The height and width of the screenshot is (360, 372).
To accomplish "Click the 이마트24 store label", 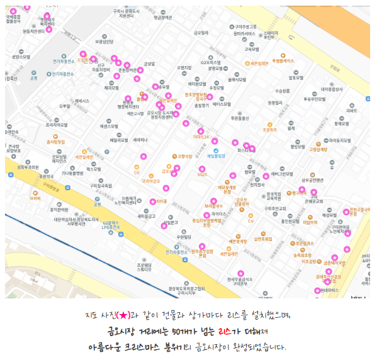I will pyautogui.click(x=201, y=136).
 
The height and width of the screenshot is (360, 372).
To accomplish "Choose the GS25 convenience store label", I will pyautogui.click(x=202, y=174).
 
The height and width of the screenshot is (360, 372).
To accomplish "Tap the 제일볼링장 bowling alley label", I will pyautogui.click(x=216, y=155).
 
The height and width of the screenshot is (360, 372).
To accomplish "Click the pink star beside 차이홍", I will pyautogui.click(x=153, y=201).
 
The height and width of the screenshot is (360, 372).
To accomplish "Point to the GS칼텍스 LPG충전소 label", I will pyautogui.click(x=111, y=225).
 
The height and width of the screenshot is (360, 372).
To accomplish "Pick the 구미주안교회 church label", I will pyautogui.click(x=275, y=208).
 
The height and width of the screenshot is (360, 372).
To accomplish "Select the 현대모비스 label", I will pyautogui.click(x=327, y=290).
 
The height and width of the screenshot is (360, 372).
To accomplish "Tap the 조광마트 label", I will pyautogui.click(x=270, y=130).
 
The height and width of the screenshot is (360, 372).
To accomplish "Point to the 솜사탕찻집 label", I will pyautogui.click(x=55, y=142).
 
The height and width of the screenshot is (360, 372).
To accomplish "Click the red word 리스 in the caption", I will pyautogui.click(x=225, y=330).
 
